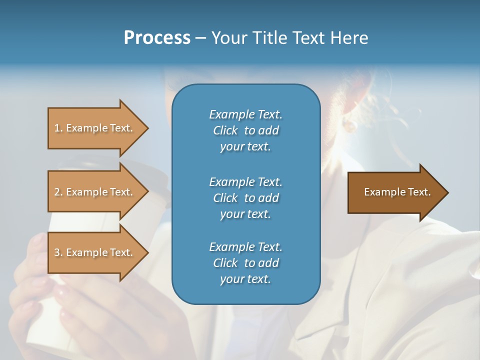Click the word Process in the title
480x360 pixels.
click(157, 38)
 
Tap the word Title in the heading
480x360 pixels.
click(270, 38)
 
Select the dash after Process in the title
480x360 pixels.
click(201, 38)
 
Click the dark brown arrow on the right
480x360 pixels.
click(395, 192)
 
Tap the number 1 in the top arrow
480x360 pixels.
click(57, 128)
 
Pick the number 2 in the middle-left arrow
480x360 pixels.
click(57, 192)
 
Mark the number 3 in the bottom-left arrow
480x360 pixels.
click(57, 252)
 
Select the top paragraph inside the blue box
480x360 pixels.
click(245, 130)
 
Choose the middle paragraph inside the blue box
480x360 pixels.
click(245, 197)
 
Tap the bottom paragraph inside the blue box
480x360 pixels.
click(245, 263)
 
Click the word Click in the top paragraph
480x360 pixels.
click(225, 130)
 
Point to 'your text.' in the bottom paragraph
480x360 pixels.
click(245, 279)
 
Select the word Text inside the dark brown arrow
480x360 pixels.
click(419, 192)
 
